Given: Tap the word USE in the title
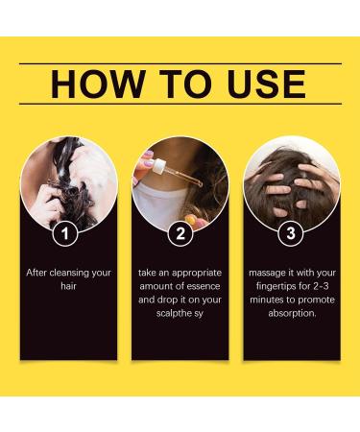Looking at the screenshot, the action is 266,84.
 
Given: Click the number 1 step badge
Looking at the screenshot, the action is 65,233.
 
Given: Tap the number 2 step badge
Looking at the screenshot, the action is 180,233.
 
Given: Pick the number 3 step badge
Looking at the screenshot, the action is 291,233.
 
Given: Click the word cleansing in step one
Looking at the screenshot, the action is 69,273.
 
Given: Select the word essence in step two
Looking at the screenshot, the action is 204,286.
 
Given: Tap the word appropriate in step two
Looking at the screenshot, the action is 197,274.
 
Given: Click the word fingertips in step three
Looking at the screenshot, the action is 276,286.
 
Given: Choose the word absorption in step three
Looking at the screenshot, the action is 292,313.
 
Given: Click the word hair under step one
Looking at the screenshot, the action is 68,286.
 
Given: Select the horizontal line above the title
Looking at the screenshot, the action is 180,63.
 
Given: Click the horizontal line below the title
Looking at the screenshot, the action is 180,104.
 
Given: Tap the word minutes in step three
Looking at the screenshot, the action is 267,300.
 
